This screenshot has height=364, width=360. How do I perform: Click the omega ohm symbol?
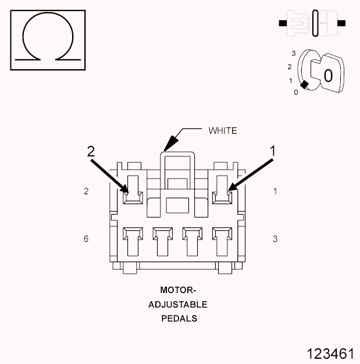(48, 40)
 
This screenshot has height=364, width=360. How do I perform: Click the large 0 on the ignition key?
(328, 76)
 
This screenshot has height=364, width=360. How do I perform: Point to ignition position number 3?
(294, 53)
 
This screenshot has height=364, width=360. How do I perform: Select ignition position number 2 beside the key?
(289, 66)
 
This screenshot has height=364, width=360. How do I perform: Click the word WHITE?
(223, 131)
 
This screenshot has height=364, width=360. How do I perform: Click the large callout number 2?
(91, 151)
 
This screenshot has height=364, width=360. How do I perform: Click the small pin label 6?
(86, 239)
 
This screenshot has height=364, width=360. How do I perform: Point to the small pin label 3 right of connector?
(275, 239)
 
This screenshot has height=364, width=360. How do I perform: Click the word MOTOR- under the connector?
(179, 290)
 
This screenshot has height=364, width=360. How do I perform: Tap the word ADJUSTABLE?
(178, 304)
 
